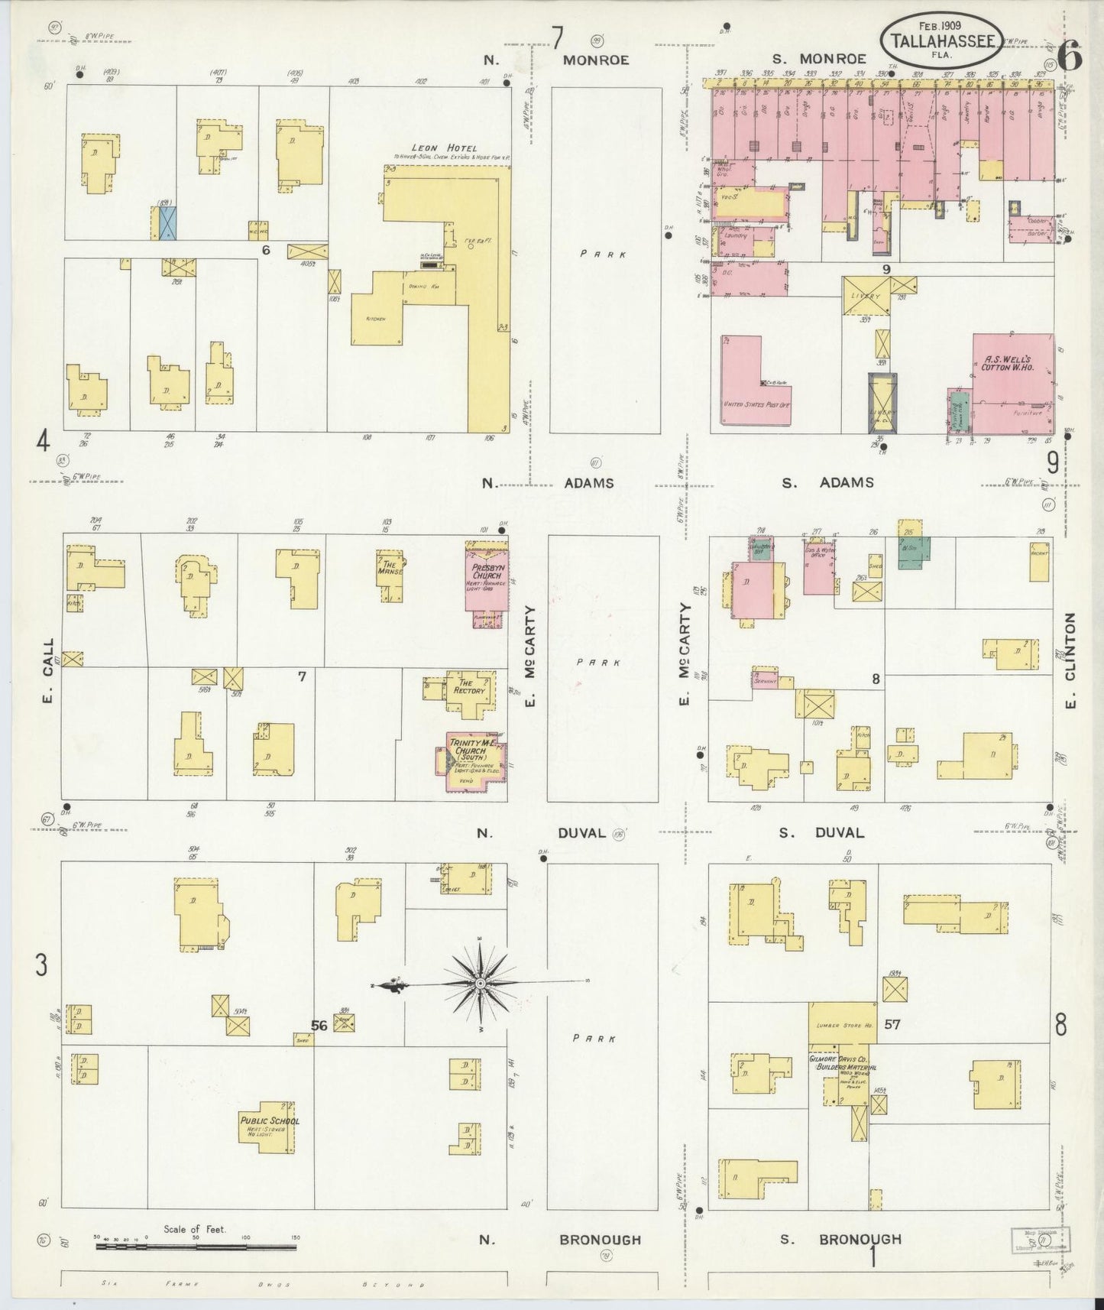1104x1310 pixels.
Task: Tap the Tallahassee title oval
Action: (941, 37)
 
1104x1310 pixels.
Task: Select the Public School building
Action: (269, 1127)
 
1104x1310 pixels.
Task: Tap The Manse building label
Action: (390, 569)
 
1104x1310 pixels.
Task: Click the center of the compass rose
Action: (479, 983)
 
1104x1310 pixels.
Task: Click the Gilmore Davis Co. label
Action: (842, 1062)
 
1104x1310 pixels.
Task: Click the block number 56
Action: (319, 1026)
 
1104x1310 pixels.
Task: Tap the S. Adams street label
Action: (827, 483)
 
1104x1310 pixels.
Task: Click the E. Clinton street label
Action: (1070, 660)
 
